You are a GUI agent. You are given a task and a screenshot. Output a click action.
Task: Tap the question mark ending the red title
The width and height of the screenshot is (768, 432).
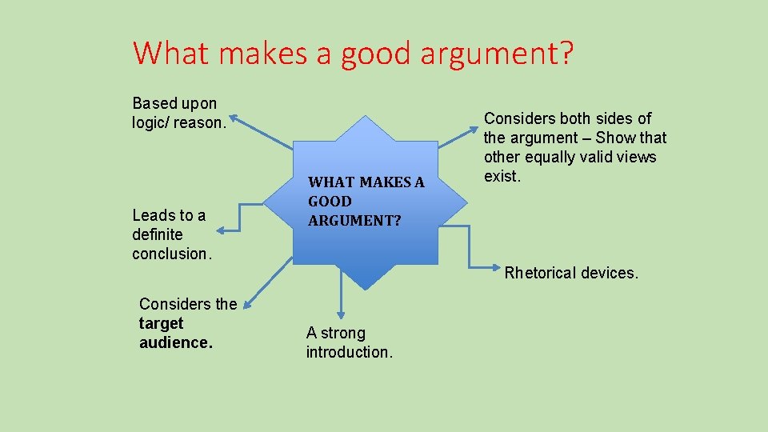tap(566, 53)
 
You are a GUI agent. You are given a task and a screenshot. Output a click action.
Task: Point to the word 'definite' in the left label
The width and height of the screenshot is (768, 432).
tap(158, 234)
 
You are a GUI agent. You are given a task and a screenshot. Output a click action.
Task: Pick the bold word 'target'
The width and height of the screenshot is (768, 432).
tap(161, 323)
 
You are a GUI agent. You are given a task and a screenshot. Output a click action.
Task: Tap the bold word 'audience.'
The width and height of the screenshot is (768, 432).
tap(176, 342)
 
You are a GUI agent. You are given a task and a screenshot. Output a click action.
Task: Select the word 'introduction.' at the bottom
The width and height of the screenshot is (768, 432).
tap(349, 352)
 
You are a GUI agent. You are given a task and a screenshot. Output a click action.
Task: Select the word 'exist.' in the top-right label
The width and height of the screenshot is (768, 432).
tap(502, 176)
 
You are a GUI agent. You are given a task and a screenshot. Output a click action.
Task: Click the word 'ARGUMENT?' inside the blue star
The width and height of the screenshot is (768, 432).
tap(354, 220)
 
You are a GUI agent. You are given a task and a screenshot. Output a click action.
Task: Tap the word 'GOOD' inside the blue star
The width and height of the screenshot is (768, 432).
tap(330, 201)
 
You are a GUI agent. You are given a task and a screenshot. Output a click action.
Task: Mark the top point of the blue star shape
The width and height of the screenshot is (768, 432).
tap(366, 117)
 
